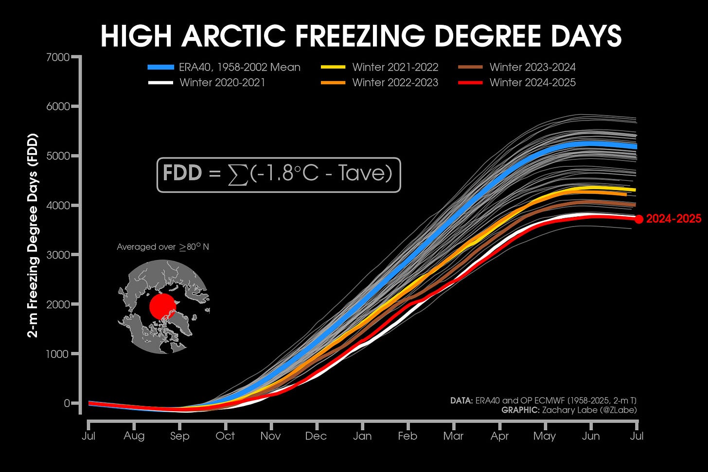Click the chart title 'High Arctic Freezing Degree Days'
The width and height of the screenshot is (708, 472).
[361, 36]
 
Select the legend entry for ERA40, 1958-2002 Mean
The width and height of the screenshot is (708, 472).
[224, 67]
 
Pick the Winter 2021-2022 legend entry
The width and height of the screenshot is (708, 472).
[380, 67]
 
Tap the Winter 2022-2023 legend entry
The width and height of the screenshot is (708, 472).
[380, 82]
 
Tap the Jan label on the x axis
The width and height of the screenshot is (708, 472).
[362, 436]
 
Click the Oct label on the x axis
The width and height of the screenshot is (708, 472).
[225, 436]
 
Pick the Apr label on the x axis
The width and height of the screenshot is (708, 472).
[499, 436]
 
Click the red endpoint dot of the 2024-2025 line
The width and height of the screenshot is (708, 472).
[639, 219]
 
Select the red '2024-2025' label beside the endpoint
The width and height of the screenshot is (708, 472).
[673, 219]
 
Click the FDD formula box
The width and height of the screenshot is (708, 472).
[279, 175]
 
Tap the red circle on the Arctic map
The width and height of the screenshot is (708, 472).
[162, 306]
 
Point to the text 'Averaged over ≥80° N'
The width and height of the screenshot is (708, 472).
[163, 247]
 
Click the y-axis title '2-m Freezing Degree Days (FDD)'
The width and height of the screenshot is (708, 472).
[33, 235]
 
